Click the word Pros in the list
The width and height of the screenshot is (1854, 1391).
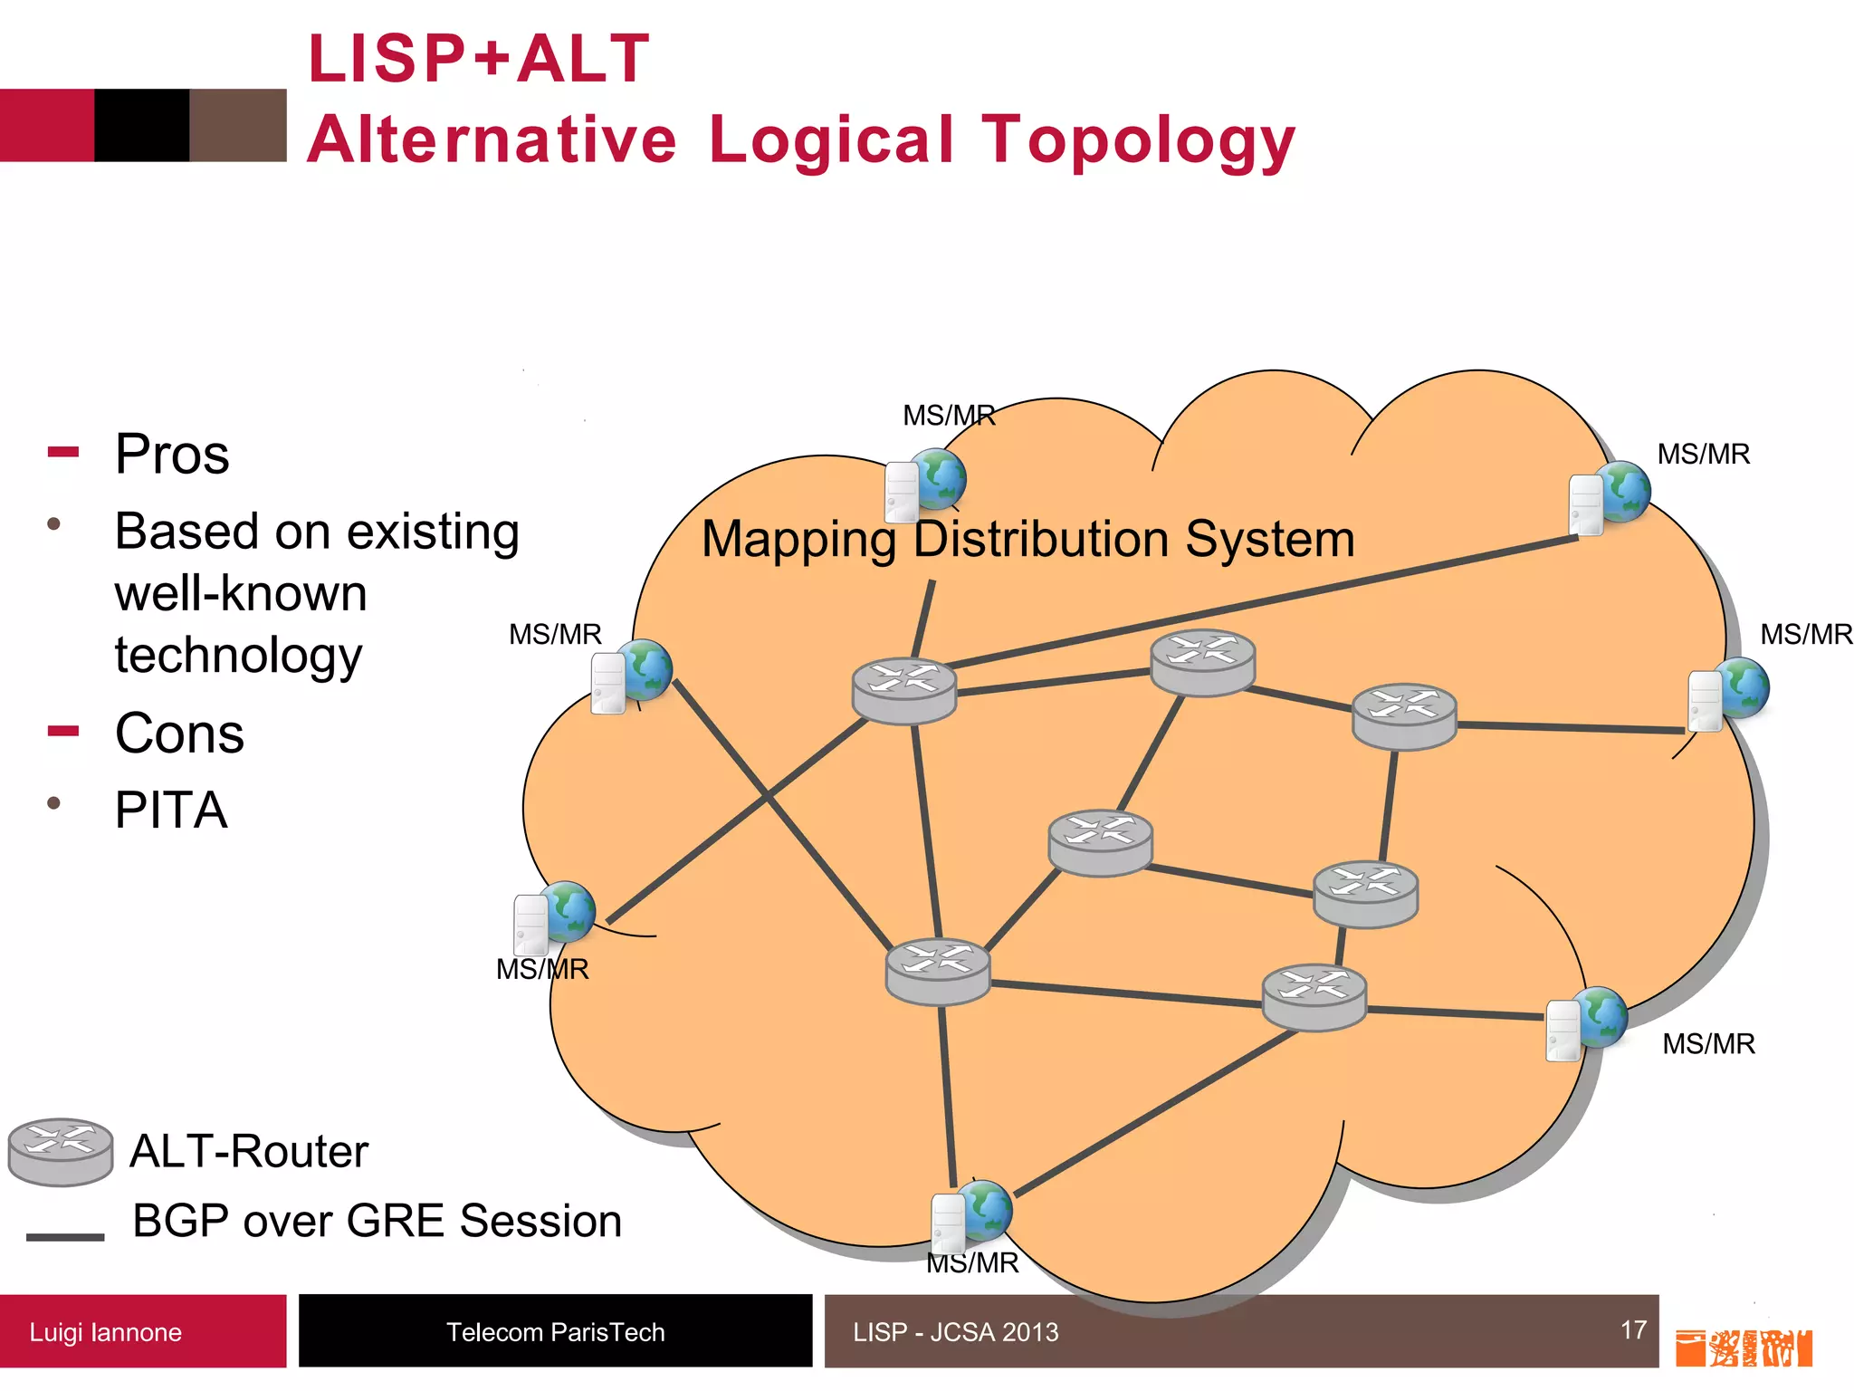click(172, 455)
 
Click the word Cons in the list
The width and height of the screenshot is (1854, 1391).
click(179, 734)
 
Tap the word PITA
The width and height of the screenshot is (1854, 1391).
click(170, 811)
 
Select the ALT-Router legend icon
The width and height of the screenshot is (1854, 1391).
click(61, 1151)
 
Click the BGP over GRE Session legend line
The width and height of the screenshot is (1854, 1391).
click(65, 1236)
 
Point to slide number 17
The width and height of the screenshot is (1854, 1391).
click(1633, 1329)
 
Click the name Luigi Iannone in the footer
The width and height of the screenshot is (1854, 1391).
click(105, 1332)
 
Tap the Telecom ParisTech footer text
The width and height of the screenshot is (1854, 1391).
click(555, 1332)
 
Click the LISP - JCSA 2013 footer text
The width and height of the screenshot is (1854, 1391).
click(955, 1332)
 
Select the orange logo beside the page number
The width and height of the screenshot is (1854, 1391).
click(1743, 1348)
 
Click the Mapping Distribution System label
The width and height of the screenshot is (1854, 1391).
click(1027, 540)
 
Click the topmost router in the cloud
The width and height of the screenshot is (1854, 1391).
click(1202, 662)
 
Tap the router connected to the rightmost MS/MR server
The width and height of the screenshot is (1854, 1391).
click(1403, 715)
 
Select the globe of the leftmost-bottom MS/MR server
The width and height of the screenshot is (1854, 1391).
click(567, 910)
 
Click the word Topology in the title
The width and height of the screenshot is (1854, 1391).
click(1139, 141)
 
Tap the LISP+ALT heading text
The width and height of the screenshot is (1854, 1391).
click(479, 59)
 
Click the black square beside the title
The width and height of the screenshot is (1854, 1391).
click(142, 125)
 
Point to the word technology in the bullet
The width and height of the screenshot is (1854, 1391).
click(238, 655)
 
